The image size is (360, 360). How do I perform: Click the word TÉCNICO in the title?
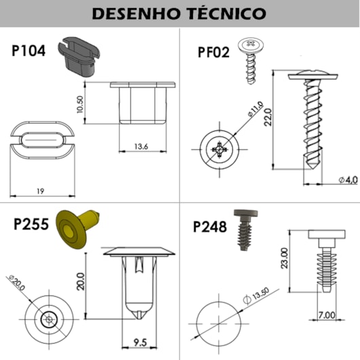pyautogui.click(x=227, y=13)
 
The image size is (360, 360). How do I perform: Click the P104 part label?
pyautogui.click(x=29, y=51)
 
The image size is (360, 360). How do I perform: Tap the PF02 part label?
pyautogui.click(x=213, y=52)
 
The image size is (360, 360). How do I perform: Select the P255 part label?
pyautogui.click(x=31, y=224)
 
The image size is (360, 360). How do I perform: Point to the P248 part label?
pyautogui.click(x=210, y=227)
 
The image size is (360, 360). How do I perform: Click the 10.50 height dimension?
pyautogui.click(x=80, y=104)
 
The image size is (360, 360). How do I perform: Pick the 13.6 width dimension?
pyautogui.click(x=141, y=147)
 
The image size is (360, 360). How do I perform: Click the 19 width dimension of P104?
pyautogui.click(x=40, y=191)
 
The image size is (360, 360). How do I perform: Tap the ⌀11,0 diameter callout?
pyautogui.click(x=255, y=109)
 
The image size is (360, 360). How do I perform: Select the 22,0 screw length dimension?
pyautogui.click(x=268, y=117)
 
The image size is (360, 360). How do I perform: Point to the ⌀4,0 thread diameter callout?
pyautogui.click(x=348, y=180)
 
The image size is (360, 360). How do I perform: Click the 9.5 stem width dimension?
pyautogui.click(x=140, y=342)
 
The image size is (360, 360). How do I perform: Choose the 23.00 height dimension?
pyautogui.click(x=284, y=258)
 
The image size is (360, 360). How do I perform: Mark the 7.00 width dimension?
pyautogui.click(x=327, y=315)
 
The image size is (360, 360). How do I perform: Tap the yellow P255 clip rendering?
pyautogui.click(x=76, y=228)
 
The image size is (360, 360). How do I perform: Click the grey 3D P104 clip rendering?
pyautogui.click(x=79, y=56)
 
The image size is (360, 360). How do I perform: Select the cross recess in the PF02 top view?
pyautogui.click(x=219, y=149)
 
